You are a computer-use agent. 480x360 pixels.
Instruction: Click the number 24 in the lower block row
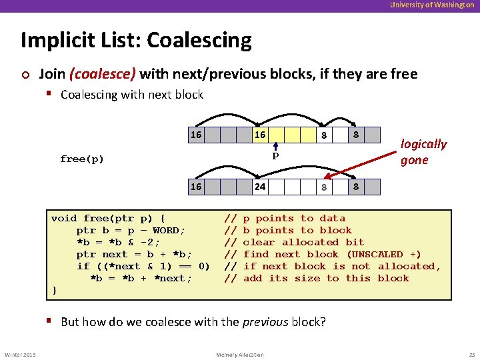click(260, 187)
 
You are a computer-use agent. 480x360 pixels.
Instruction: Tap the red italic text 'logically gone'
click(423, 152)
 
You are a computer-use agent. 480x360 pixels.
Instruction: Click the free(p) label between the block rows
click(82, 159)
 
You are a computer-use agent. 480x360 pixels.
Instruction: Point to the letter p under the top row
click(274, 155)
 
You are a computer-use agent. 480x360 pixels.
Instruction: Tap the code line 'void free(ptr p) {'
click(109, 218)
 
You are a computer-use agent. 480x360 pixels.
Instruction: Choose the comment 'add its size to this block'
click(326, 278)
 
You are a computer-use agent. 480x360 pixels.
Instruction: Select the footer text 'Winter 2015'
click(20, 354)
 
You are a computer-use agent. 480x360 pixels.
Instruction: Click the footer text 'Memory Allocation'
click(240, 354)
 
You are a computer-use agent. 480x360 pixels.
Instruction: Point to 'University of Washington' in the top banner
click(432, 5)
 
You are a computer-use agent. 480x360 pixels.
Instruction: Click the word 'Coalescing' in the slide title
click(199, 41)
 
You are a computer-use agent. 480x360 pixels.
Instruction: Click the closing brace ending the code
click(54, 290)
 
